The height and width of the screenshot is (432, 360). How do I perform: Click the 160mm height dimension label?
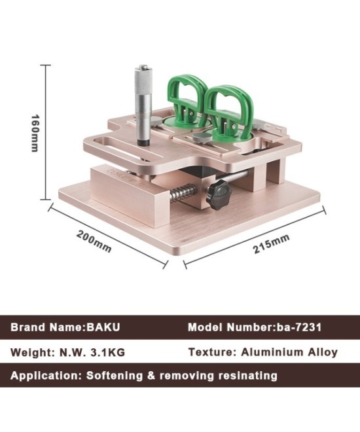[35, 133]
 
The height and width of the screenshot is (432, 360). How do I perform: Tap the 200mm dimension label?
[94, 241]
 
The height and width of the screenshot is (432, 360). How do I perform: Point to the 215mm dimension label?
[272, 244]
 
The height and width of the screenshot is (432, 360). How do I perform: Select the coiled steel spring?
[183, 193]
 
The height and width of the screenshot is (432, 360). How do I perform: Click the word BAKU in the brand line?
[103, 327]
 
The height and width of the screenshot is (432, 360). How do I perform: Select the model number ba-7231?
[297, 327]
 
